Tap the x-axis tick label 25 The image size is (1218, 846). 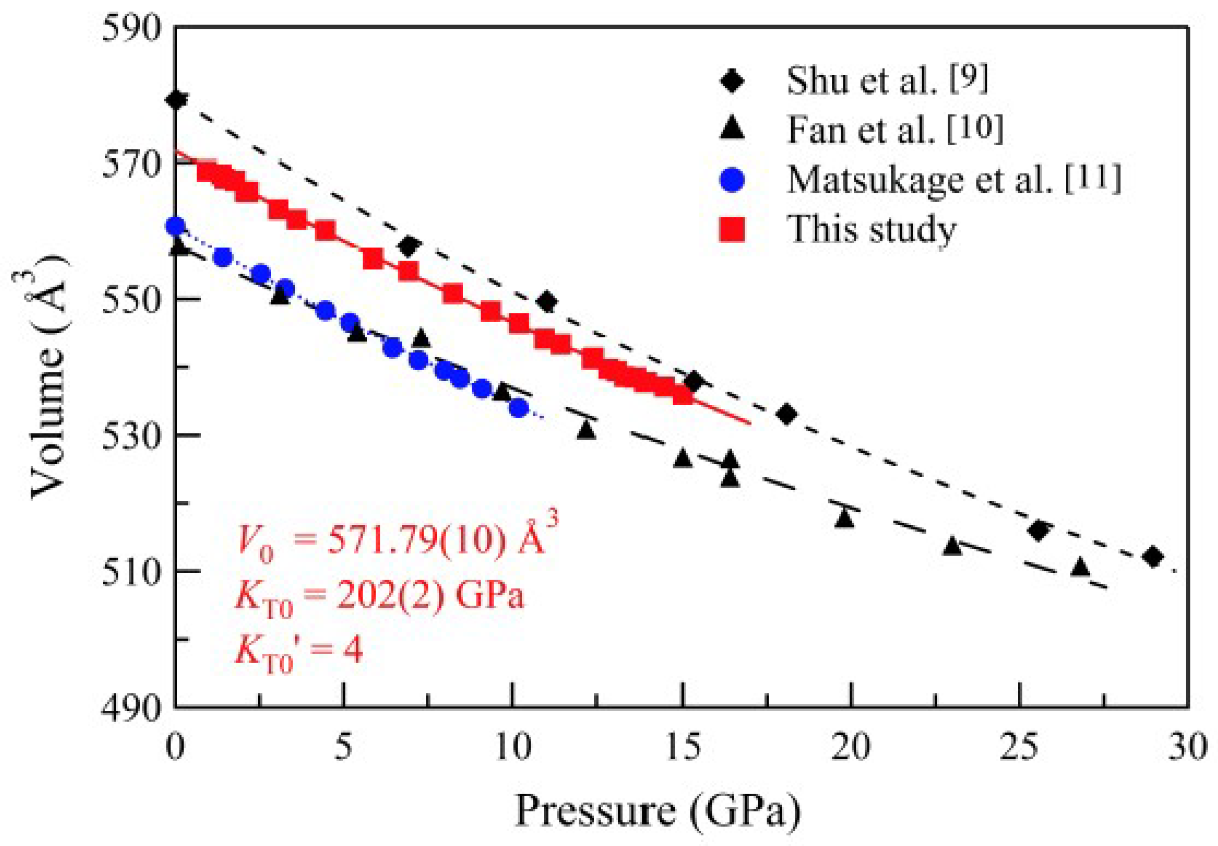point(1019,747)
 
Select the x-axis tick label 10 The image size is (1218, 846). point(512,747)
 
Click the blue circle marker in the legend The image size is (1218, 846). point(732,180)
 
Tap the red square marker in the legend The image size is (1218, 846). point(732,229)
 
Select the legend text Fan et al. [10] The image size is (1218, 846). point(895,129)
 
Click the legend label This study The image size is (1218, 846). point(872,229)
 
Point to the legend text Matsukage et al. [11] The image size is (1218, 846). point(954,179)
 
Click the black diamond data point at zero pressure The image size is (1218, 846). point(176,100)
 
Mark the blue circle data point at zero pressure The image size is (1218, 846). point(175,226)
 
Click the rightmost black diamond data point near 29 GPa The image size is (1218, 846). point(1153,557)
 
